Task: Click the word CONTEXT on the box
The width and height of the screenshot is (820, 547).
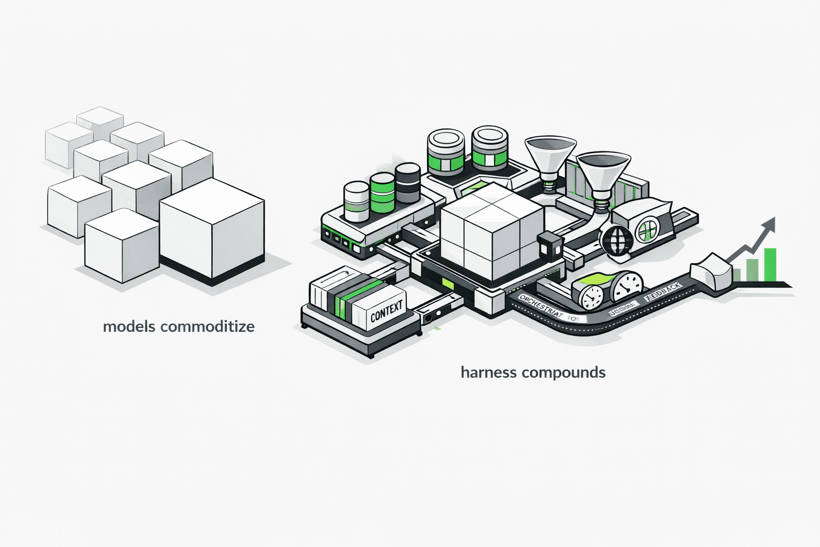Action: tap(386, 312)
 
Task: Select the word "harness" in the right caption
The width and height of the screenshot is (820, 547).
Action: tap(485, 372)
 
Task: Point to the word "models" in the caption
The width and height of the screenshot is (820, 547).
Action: tap(129, 326)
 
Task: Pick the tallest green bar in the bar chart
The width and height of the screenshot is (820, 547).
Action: tap(769, 264)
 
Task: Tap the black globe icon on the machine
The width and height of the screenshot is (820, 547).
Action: tap(616, 240)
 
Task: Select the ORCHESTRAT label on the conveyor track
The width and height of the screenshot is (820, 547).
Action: tap(540, 306)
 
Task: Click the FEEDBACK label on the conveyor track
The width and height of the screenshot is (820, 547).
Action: tap(663, 292)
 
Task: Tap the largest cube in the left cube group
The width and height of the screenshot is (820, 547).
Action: tap(212, 230)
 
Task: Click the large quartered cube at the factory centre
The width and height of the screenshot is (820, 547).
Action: tap(491, 230)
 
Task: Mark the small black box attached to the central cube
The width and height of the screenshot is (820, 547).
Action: tap(549, 246)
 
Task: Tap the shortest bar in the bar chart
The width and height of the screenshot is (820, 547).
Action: tap(737, 275)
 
